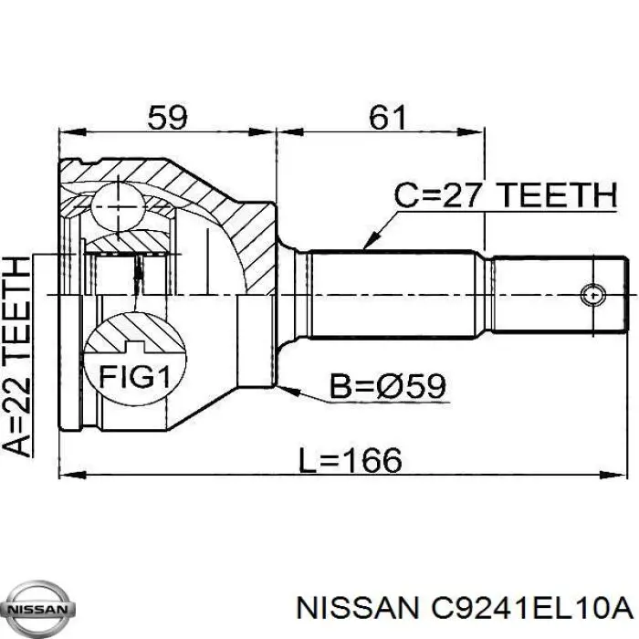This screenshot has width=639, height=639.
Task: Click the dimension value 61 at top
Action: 387,117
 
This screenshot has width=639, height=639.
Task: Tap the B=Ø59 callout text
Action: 389,386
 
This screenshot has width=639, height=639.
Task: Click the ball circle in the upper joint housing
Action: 119,207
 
